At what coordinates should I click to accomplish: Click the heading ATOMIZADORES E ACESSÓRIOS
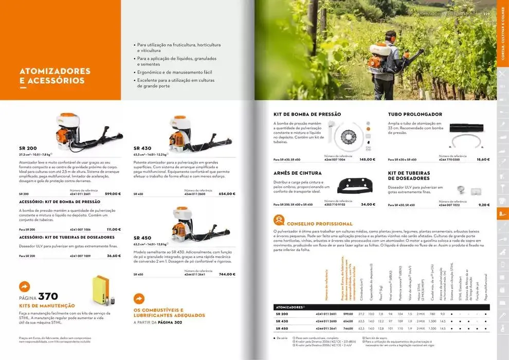coord(54,76)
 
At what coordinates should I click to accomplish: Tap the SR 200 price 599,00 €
coord(113,194)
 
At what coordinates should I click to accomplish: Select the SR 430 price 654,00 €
coord(227,194)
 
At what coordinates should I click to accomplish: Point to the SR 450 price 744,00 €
coord(227,274)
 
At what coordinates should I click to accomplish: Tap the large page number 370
coord(48,296)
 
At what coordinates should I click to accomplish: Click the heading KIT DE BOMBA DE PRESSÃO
coord(307,114)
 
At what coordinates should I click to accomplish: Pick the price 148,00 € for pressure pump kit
coord(367,159)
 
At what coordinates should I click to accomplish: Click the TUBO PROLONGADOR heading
coord(415,114)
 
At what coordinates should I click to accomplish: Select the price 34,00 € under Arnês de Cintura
coord(368,204)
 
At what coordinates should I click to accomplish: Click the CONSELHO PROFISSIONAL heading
coord(319,224)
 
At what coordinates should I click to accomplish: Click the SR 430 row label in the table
coord(282,321)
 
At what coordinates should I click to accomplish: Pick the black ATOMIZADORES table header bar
coord(381,307)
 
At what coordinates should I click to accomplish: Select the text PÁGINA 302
coord(170,322)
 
